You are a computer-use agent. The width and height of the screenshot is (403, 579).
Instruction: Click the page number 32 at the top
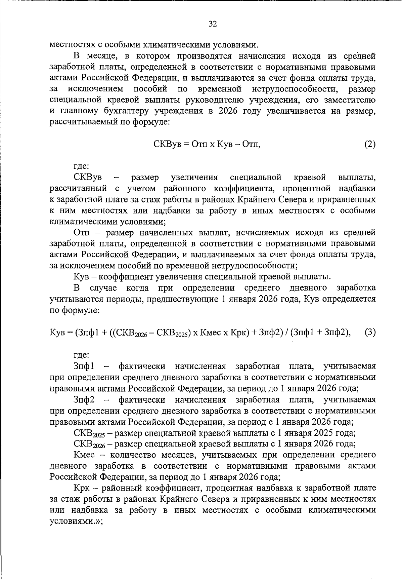[x=213, y=24]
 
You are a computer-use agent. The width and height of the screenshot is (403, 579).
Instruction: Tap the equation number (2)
[x=370, y=144]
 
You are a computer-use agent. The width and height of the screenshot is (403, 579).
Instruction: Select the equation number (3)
[x=370, y=332]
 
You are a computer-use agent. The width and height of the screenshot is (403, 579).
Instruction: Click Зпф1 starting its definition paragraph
[x=84, y=366]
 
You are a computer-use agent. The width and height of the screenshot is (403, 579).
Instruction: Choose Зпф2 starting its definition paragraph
[x=84, y=399]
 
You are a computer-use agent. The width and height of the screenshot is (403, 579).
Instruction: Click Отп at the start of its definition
[x=82, y=233]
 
